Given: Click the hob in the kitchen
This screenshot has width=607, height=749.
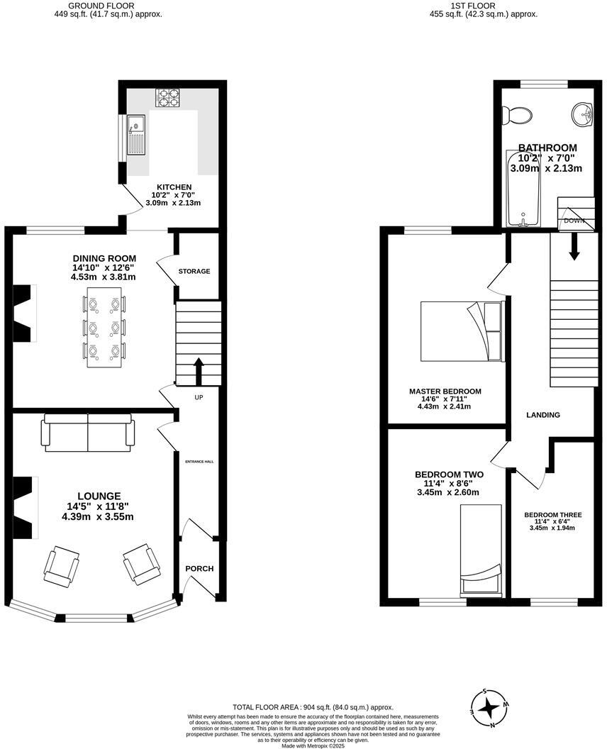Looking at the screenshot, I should pyautogui.click(x=168, y=97).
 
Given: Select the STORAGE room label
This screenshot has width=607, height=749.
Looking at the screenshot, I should pyautogui.click(x=194, y=272).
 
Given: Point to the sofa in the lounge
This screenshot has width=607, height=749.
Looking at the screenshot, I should pyautogui.click(x=88, y=433).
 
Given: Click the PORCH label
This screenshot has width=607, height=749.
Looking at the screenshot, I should pyautogui.click(x=199, y=569).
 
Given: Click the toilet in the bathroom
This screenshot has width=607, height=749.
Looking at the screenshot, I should pyautogui.click(x=516, y=114).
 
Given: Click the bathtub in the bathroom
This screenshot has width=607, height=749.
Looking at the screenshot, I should pyautogui.click(x=523, y=189).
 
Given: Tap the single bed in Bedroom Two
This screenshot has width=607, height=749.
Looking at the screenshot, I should pyautogui.click(x=481, y=549).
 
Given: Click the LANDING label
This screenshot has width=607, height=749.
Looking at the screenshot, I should pyautogui.click(x=543, y=415).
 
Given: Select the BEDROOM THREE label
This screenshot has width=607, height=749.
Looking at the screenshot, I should pyautogui.click(x=553, y=515).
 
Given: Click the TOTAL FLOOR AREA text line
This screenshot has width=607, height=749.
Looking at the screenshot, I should pyautogui.click(x=313, y=707).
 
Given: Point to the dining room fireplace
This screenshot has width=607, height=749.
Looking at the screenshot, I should pyautogui.click(x=24, y=314).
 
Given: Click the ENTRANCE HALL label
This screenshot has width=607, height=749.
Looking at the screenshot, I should pyautogui.click(x=199, y=462).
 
